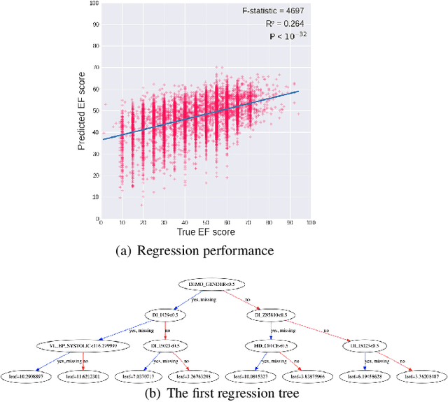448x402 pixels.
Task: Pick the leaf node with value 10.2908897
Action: (x=32, y=377)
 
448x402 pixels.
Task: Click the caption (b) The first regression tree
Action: (x=222, y=394)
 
